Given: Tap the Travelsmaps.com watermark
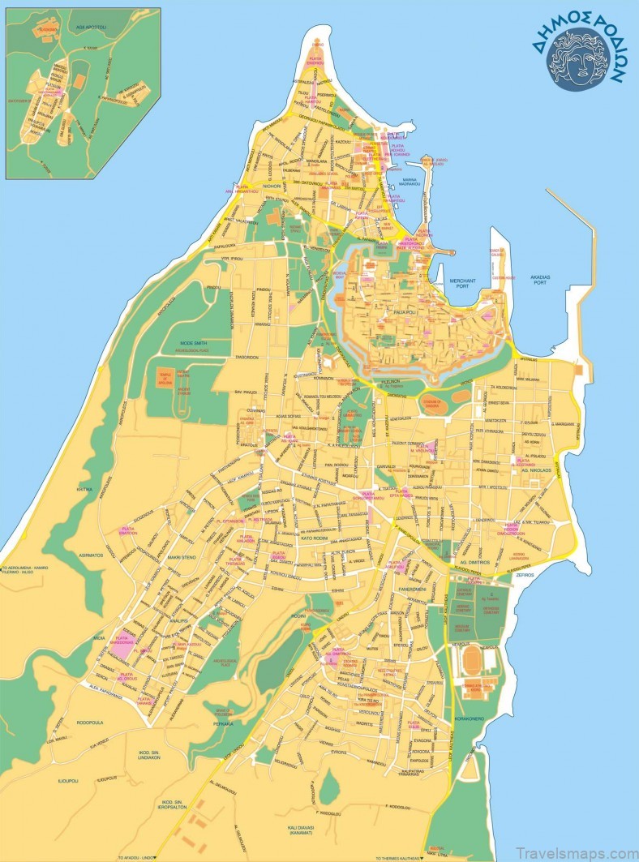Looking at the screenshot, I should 584,849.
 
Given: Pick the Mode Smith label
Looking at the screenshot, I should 189,344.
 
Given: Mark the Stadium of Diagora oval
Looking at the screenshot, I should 436,401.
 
